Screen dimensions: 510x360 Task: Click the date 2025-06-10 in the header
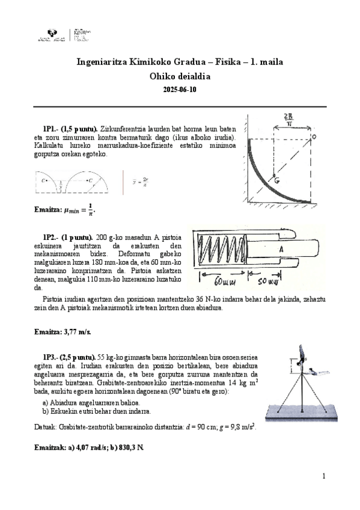point(180,90)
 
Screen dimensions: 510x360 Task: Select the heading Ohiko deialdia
point(180,76)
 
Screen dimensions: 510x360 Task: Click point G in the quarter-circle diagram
point(274,179)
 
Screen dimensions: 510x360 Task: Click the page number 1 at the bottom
point(323,477)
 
